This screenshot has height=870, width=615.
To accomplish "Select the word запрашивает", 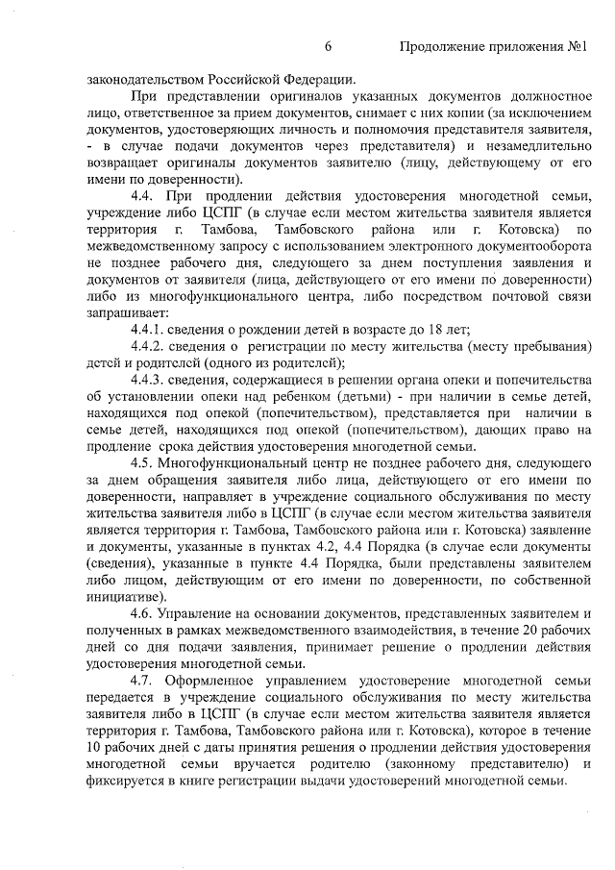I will [x=127, y=313].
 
